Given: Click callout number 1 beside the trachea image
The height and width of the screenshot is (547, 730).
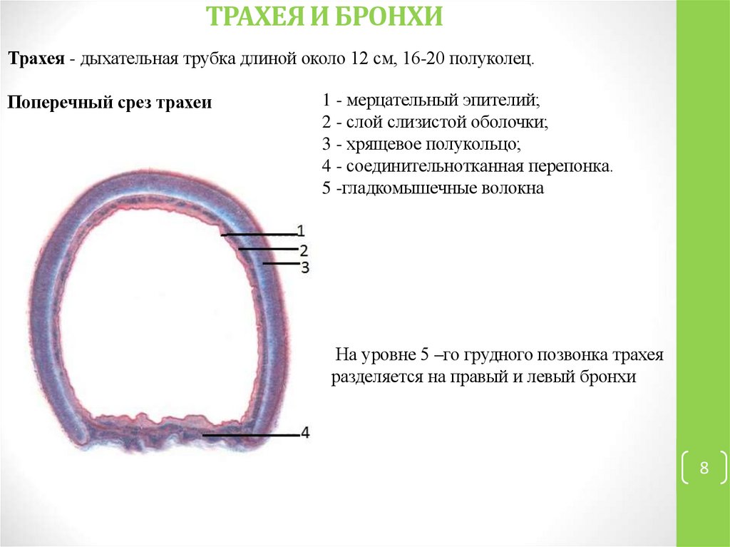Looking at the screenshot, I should [x=301, y=230].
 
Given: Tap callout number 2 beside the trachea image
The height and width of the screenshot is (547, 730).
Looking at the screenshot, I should [x=303, y=250].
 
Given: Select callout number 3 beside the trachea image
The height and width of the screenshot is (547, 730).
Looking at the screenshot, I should [x=304, y=267].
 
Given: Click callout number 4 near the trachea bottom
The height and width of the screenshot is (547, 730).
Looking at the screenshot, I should [x=305, y=433].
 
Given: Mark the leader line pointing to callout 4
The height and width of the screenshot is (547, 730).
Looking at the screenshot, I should [x=250, y=434].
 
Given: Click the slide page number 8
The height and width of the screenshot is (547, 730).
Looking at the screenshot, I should [x=704, y=469].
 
